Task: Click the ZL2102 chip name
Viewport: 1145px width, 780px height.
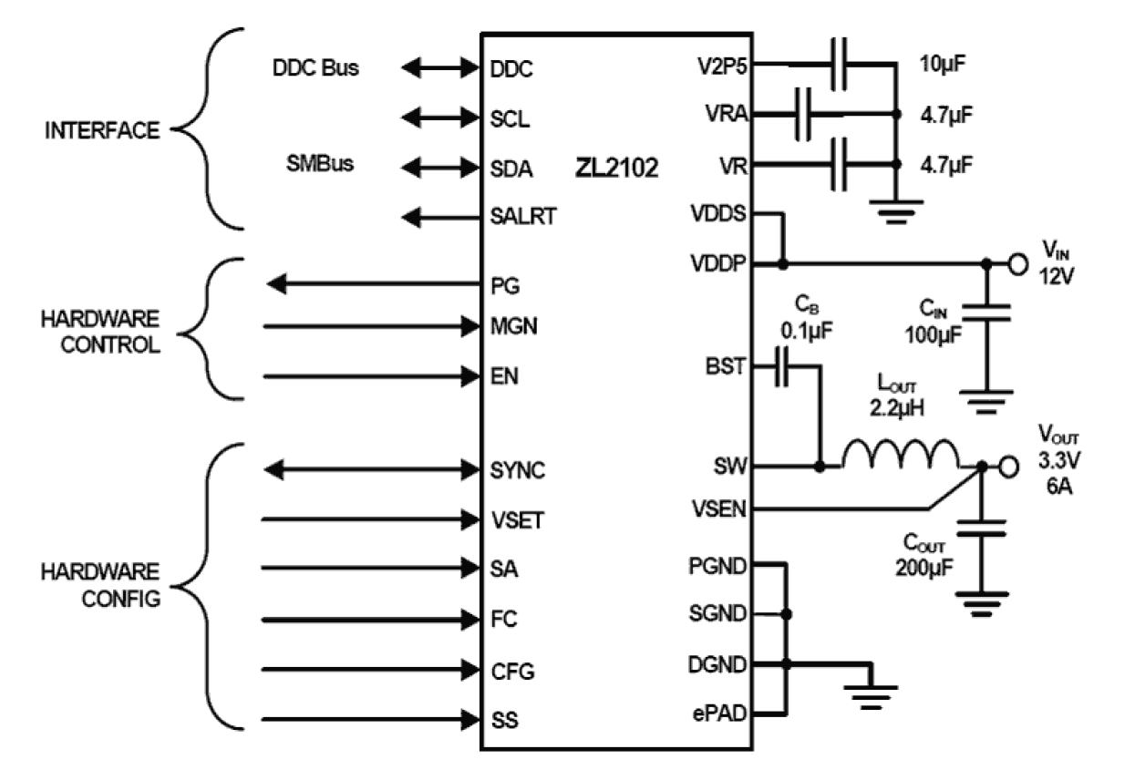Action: [x=616, y=169]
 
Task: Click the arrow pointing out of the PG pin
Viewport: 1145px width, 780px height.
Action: [x=374, y=285]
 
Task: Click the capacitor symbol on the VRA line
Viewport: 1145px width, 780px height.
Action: [x=803, y=115]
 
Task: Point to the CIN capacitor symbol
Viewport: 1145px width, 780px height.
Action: [x=986, y=313]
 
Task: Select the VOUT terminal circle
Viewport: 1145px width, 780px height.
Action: [x=1007, y=467]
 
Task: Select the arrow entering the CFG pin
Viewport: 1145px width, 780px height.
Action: [x=374, y=672]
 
